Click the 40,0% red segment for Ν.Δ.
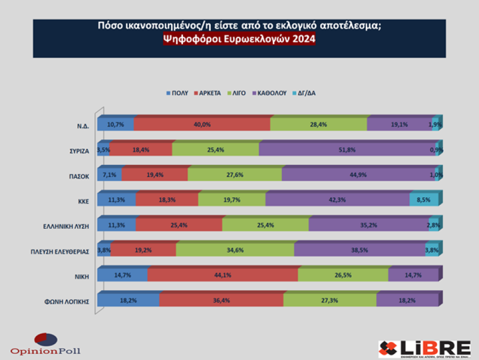point(202,125)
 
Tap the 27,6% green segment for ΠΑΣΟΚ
point(235,175)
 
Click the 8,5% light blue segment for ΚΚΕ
point(423,200)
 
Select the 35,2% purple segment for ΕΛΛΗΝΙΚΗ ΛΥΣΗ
point(369,225)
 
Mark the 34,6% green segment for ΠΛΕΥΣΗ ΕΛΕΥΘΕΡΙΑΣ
point(235,250)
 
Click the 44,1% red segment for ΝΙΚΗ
point(223,275)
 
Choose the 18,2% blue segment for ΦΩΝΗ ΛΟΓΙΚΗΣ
point(128,300)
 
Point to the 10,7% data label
point(116,125)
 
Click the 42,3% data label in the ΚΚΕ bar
point(337,200)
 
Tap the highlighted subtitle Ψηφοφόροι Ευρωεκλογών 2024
point(239,39)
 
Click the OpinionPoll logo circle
point(45,339)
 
